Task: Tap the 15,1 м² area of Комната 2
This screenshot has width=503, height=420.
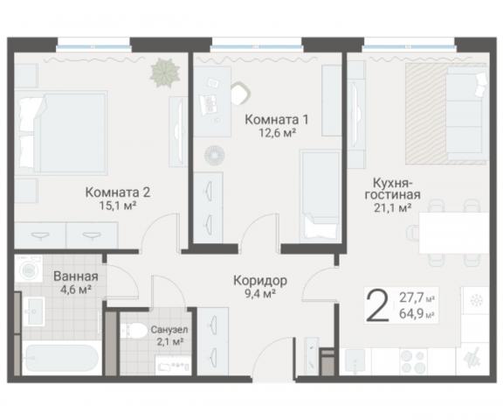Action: pyautogui.click(x=118, y=206)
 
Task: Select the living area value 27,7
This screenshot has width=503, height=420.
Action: pyautogui.click(x=415, y=298)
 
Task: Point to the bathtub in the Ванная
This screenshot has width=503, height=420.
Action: pyautogui.click(x=61, y=360)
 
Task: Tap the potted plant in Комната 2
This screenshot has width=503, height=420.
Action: pyautogui.click(x=162, y=71)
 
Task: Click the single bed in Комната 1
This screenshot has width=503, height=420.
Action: pyautogui.click(x=318, y=192)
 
